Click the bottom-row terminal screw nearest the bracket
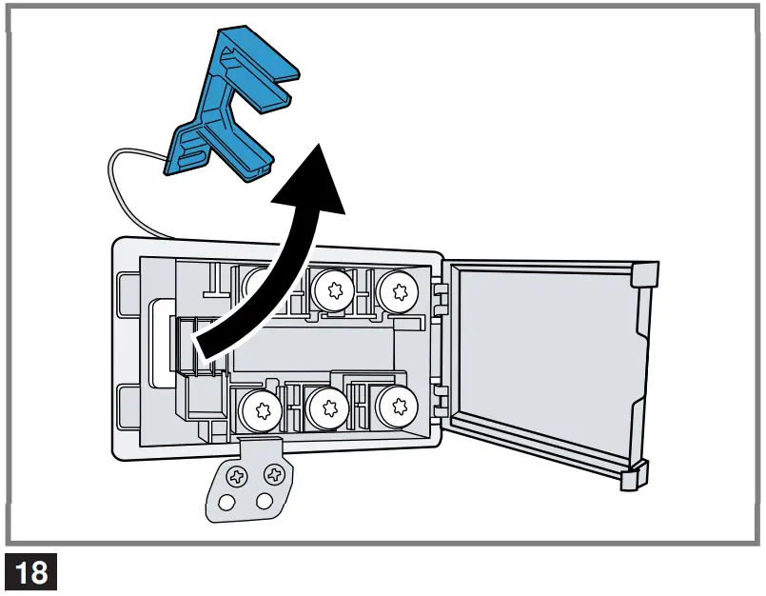258,411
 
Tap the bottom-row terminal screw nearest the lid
395,408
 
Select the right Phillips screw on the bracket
275,472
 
